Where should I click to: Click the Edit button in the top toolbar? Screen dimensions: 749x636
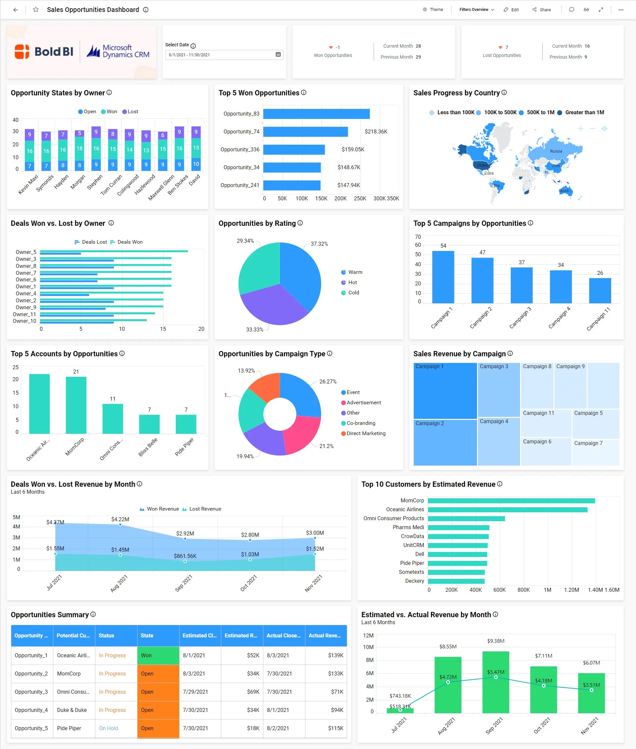[x=511, y=10]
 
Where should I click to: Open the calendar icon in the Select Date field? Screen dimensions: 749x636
[x=278, y=54]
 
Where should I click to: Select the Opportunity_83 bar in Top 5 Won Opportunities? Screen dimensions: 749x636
[x=316, y=114]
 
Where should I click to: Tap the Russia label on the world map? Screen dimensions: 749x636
[x=556, y=151]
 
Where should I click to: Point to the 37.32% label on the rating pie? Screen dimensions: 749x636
[x=319, y=244]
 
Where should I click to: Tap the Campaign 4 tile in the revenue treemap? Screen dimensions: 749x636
[x=498, y=441]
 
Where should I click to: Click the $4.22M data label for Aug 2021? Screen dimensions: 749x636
[x=120, y=520]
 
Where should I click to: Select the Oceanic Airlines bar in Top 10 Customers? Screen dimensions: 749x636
[x=507, y=510]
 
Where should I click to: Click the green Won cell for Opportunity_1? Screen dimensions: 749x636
[x=158, y=655]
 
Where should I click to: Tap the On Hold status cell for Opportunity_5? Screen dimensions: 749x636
[x=109, y=728]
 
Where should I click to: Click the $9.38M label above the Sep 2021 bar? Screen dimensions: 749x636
[x=496, y=641]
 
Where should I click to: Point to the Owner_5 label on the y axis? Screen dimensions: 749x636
[x=26, y=252]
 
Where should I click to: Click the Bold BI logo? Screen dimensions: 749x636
[x=44, y=52]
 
